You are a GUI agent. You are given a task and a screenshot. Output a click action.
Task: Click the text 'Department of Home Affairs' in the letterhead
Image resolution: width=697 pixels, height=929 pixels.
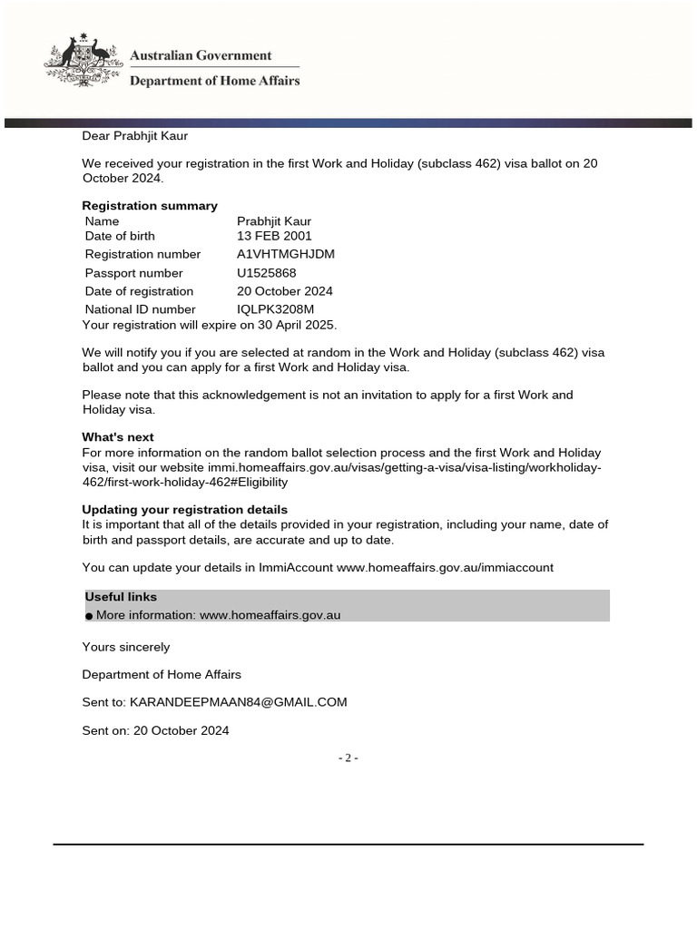tap(214, 81)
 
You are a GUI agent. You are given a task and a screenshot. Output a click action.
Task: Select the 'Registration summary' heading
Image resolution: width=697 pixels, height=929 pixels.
tap(150, 206)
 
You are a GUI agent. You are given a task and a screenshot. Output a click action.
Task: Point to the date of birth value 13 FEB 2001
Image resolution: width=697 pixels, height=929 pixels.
tap(274, 236)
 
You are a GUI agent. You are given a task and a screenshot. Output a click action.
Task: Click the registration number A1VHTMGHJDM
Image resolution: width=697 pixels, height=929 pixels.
tap(286, 254)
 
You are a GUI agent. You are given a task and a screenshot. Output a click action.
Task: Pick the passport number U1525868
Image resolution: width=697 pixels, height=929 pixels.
tap(267, 273)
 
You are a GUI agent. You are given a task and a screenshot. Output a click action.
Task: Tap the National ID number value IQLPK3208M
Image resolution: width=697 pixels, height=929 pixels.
tap(276, 309)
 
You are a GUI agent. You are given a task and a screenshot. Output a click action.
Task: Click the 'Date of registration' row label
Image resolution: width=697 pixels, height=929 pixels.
tap(139, 291)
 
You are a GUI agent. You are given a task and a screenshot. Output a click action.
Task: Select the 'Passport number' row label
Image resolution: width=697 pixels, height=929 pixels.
tap(133, 273)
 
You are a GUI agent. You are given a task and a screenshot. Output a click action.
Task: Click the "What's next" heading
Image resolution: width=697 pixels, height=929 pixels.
tap(118, 436)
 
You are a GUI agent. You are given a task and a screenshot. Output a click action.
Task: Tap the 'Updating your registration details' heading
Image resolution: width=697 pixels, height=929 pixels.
tap(185, 510)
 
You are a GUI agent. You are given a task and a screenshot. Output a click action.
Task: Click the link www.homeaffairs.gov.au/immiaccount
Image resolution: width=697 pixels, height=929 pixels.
tap(445, 567)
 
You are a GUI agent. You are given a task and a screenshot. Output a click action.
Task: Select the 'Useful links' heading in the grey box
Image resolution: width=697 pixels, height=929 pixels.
tap(121, 597)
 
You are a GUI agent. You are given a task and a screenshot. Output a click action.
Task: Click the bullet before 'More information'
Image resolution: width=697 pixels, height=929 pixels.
tap(89, 616)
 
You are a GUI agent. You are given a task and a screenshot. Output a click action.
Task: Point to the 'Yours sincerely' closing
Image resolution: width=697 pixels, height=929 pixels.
tap(126, 647)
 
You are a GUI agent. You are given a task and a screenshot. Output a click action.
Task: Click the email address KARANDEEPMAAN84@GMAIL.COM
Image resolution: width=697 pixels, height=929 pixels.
tap(239, 702)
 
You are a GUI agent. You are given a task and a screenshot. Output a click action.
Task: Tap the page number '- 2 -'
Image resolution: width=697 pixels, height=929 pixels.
tap(348, 758)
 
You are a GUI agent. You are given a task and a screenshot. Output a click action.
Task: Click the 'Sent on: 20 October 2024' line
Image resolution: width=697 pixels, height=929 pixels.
tap(155, 730)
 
